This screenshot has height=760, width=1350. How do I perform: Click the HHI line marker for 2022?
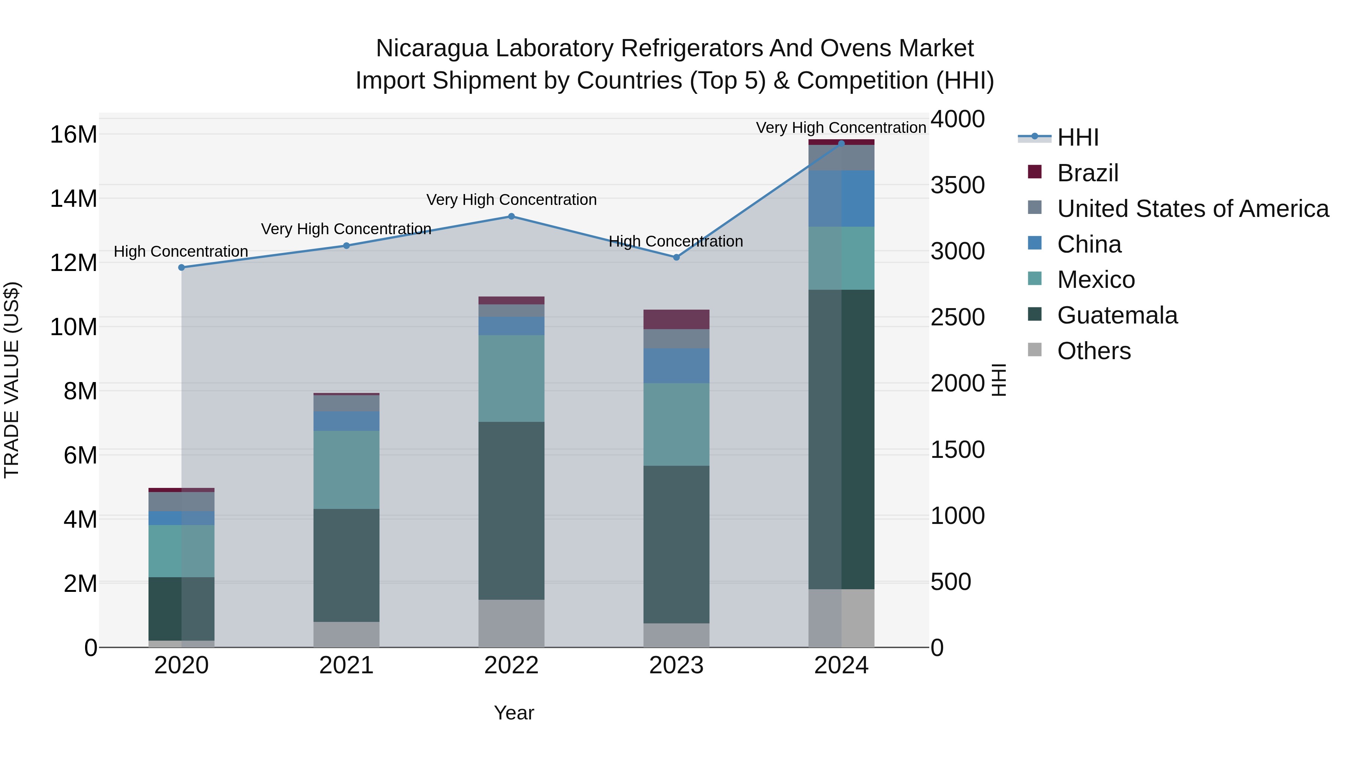(x=511, y=216)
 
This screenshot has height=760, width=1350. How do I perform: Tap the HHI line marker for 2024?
(x=841, y=143)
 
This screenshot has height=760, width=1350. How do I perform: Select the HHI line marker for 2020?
(x=181, y=268)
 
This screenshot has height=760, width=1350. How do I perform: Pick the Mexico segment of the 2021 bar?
(x=346, y=470)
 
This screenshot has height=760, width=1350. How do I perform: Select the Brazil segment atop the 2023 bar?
(x=676, y=319)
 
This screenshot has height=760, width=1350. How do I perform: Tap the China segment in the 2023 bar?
(x=676, y=366)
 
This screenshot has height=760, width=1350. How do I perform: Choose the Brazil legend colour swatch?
(x=1035, y=172)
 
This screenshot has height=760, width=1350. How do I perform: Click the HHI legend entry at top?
(x=1077, y=137)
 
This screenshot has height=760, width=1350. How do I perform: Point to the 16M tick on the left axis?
(x=73, y=135)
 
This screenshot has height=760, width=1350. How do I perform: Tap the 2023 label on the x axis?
(x=676, y=665)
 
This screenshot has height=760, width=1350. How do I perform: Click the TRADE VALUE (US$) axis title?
(x=12, y=380)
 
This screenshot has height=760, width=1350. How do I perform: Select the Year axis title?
(x=514, y=713)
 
